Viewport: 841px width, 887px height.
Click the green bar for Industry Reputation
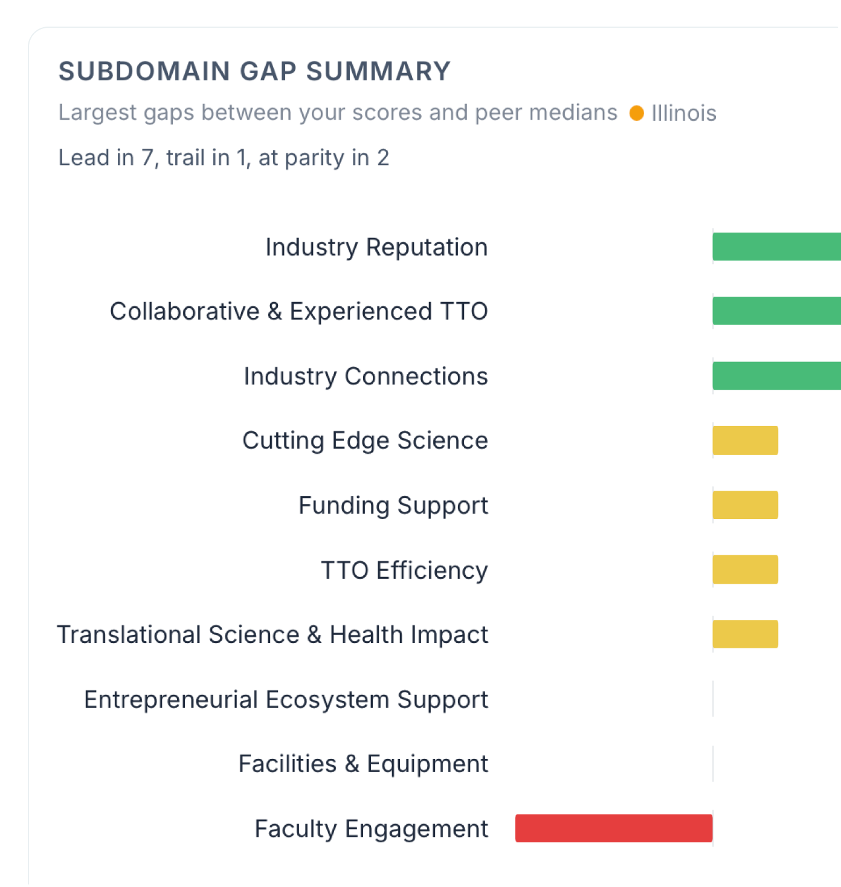(x=776, y=247)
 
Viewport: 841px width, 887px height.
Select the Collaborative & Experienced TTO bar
(x=776, y=311)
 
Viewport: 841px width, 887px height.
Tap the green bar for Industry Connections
(x=776, y=376)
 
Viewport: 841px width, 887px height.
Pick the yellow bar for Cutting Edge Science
(x=745, y=440)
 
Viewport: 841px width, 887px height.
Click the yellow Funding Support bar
(x=745, y=505)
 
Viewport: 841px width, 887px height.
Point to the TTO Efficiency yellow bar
(x=745, y=570)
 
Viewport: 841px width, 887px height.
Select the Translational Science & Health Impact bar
(x=745, y=634)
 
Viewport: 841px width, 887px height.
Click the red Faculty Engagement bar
(x=613, y=828)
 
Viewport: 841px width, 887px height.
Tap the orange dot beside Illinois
(x=636, y=113)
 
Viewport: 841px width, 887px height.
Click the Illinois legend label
(x=683, y=113)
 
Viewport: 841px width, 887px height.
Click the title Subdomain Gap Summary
(x=254, y=71)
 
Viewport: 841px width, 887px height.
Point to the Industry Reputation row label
(x=376, y=247)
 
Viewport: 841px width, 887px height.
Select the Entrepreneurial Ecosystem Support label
(x=286, y=700)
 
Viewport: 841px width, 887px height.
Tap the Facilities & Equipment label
(x=363, y=764)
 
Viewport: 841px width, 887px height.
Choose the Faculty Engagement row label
(x=371, y=829)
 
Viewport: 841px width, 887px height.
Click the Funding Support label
(x=393, y=506)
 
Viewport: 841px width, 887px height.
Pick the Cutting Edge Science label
(x=365, y=441)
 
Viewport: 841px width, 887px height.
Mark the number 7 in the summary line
(x=147, y=158)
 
